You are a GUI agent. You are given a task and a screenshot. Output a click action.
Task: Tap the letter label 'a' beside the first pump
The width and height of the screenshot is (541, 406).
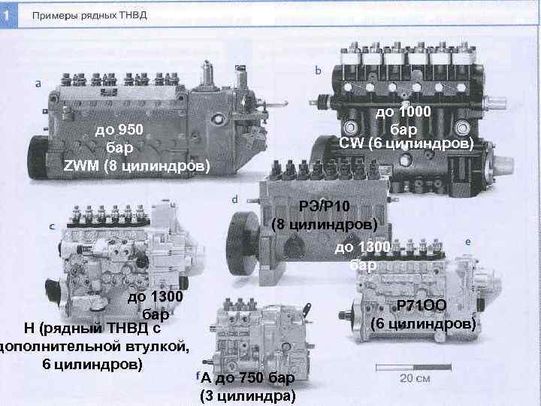(38, 84)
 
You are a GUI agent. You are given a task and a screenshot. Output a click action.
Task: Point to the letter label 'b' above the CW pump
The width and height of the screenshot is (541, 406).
(319, 71)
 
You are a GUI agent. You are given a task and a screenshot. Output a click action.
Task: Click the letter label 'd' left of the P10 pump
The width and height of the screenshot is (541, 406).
(235, 200)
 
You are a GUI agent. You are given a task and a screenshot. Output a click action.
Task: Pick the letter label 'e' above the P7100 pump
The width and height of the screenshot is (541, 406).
(468, 242)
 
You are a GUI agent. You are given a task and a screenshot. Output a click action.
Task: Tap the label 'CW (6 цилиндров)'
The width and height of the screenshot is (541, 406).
(406, 143)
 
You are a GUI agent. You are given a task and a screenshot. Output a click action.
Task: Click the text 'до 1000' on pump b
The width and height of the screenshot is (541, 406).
(403, 113)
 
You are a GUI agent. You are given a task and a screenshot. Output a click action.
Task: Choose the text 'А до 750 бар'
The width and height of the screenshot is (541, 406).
(247, 378)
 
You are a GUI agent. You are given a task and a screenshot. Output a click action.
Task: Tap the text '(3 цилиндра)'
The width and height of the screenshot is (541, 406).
(247, 396)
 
